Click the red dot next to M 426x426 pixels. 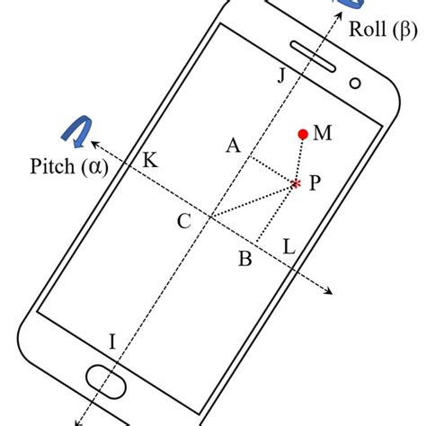(x=304, y=135)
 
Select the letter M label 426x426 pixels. (x=324, y=134)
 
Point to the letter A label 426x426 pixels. (x=233, y=146)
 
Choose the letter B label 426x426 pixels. (x=244, y=260)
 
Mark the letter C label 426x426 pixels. (x=183, y=222)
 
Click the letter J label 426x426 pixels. (x=281, y=75)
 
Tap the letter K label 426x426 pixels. (x=150, y=161)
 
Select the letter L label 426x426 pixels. (x=288, y=244)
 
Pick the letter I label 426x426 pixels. (x=112, y=341)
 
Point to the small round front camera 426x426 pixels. (x=356, y=84)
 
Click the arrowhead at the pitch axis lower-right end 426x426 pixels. (x=332, y=290)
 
